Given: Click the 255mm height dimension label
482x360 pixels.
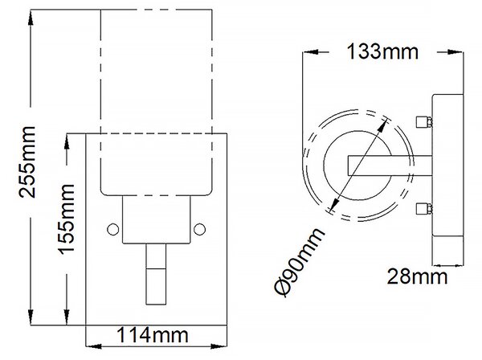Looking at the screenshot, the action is click(27, 162).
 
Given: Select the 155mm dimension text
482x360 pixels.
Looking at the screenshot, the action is click(66, 219).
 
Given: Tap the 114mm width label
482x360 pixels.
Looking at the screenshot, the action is click(153, 335).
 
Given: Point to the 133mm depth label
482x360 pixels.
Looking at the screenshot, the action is click(382, 51).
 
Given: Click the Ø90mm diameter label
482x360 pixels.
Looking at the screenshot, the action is click(299, 262).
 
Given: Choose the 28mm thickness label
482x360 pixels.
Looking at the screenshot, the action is click(417, 276).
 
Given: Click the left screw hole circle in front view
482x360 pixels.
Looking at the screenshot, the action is click(112, 229).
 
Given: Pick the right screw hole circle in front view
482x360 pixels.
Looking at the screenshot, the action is click(200, 229).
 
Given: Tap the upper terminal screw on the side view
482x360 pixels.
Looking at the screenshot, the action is click(424, 122).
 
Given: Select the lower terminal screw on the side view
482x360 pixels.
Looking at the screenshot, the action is click(424, 209).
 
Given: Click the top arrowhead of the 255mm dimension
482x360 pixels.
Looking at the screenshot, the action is click(31, 18).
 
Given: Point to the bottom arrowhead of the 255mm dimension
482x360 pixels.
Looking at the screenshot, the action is click(31, 317).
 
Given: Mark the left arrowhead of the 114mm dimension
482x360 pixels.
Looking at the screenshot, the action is click(93, 346).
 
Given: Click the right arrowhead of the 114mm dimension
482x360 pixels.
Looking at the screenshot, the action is click(219, 346).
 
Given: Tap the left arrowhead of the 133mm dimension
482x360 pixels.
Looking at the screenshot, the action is click(310, 52).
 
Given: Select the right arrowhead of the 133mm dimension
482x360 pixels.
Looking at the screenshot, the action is click(455, 52).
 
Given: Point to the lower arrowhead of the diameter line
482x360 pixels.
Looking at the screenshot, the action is click(334, 203).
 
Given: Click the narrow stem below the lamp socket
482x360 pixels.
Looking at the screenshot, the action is click(156, 274).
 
